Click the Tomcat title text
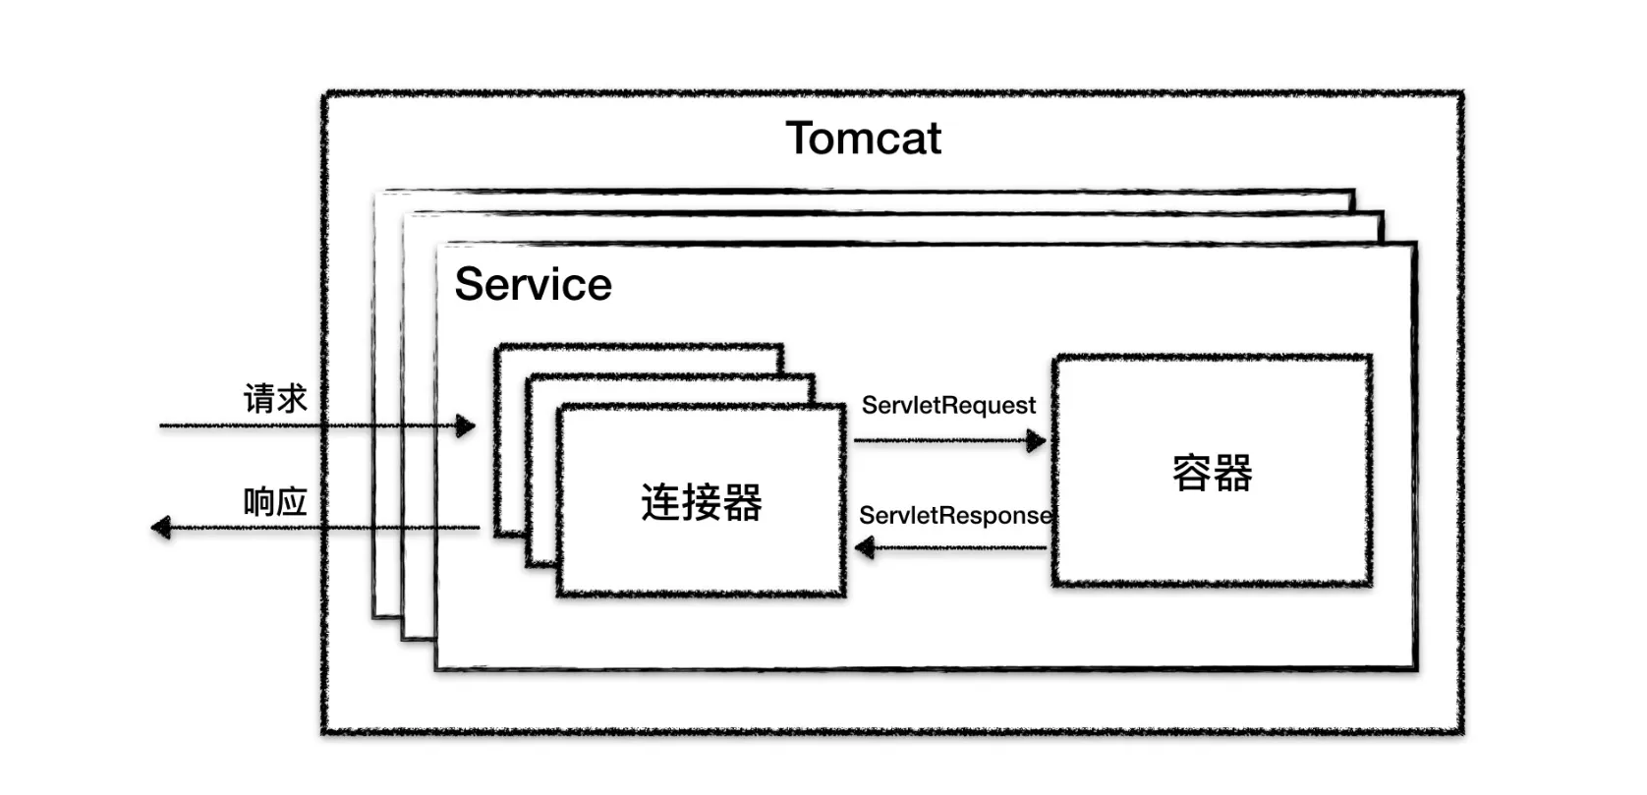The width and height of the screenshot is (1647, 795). coord(863,139)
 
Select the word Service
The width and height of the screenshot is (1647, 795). coord(533,285)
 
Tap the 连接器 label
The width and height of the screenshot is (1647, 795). coord(702,502)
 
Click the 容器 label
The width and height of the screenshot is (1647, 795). coord(1212,473)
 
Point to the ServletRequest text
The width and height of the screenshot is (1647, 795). coord(948,405)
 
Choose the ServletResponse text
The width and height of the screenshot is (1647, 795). coord(954,515)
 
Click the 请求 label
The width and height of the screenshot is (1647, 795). coord(275,399)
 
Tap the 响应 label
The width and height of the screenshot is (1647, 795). coord(275,502)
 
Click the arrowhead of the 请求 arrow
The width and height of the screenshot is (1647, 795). coord(466,426)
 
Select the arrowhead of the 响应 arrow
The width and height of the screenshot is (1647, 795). coord(161,528)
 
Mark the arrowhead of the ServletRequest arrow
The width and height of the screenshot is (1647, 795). coord(1036,440)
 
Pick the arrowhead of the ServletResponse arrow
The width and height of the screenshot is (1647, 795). coord(866,547)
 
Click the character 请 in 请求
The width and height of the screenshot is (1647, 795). coord(259,399)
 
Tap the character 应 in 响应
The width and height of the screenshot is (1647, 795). coord(292,502)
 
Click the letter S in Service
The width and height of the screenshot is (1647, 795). coord(469,285)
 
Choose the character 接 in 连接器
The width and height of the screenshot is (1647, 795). coord(702,502)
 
